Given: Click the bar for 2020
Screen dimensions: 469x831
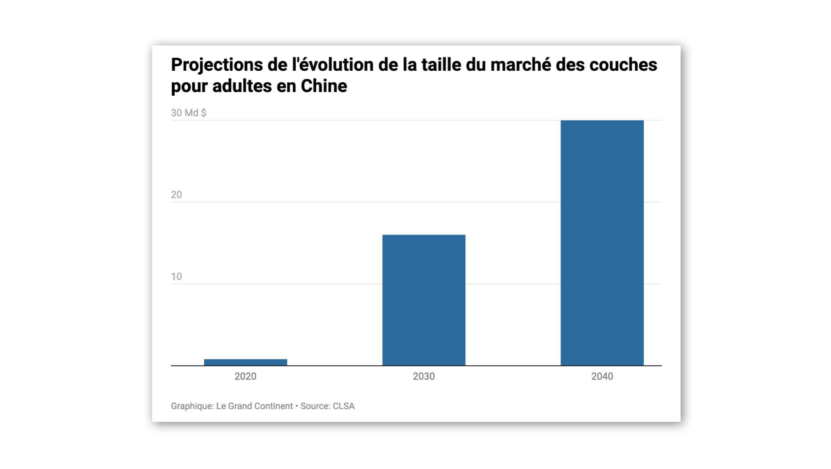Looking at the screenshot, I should pos(246,362).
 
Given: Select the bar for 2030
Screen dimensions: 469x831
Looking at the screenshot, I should pos(424,300).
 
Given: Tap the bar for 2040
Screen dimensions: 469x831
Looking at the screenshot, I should pos(602,243).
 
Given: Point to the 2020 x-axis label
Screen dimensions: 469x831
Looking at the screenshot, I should pos(246,376).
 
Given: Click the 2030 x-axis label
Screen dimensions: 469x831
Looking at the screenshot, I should pos(424,376).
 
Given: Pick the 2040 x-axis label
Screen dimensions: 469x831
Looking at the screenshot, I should pos(602,376).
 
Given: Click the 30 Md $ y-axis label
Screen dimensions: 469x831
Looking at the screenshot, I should pos(189,113).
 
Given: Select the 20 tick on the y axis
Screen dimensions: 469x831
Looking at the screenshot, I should pos(177,195).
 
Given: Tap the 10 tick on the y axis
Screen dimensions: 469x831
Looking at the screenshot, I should pos(177,277).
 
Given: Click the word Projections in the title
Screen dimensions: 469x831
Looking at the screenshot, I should pos(217,65).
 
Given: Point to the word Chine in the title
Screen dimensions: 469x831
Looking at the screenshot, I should pos(324,86).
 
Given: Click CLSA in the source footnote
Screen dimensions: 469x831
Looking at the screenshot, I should pos(344,406).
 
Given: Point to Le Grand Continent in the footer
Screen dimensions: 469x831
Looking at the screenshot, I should pos(254,406).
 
